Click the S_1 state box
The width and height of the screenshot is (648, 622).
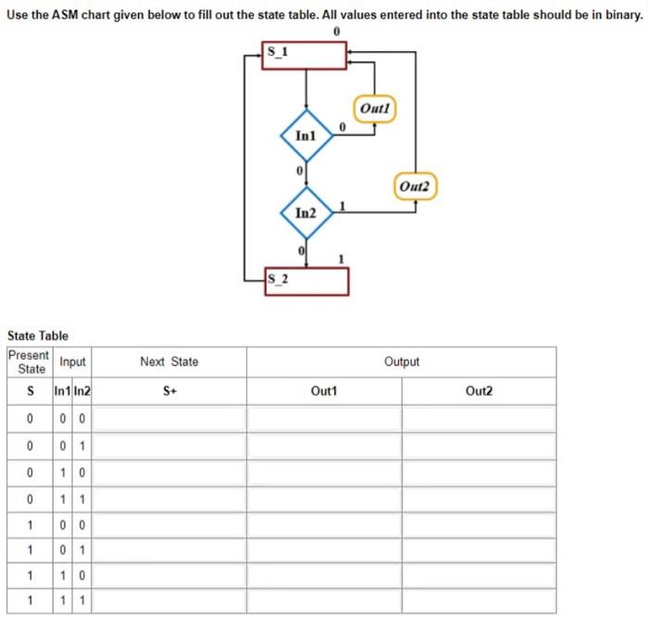(x=305, y=56)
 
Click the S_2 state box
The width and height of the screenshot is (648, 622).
(x=306, y=281)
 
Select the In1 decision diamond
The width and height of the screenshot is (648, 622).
(x=306, y=135)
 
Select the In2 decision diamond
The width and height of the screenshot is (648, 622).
(x=306, y=213)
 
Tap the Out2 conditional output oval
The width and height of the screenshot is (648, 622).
(x=415, y=185)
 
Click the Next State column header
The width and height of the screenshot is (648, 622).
(x=168, y=362)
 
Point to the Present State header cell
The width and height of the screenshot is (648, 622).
(x=29, y=362)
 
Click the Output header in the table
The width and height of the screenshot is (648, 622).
(x=402, y=362)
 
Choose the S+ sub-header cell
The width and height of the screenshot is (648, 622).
(x=168, y=392)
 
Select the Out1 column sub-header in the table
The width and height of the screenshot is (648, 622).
(x=324, y=392)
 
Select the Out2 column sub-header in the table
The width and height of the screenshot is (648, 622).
(x=479, y=392)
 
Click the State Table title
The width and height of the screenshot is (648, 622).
(x=38, y=336)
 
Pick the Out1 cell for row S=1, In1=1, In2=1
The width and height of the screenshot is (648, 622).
(x=324, y=601)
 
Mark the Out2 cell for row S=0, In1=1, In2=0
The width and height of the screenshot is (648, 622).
(x=479, y=472)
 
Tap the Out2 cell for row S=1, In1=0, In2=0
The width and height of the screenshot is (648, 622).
(x=479, y=524)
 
